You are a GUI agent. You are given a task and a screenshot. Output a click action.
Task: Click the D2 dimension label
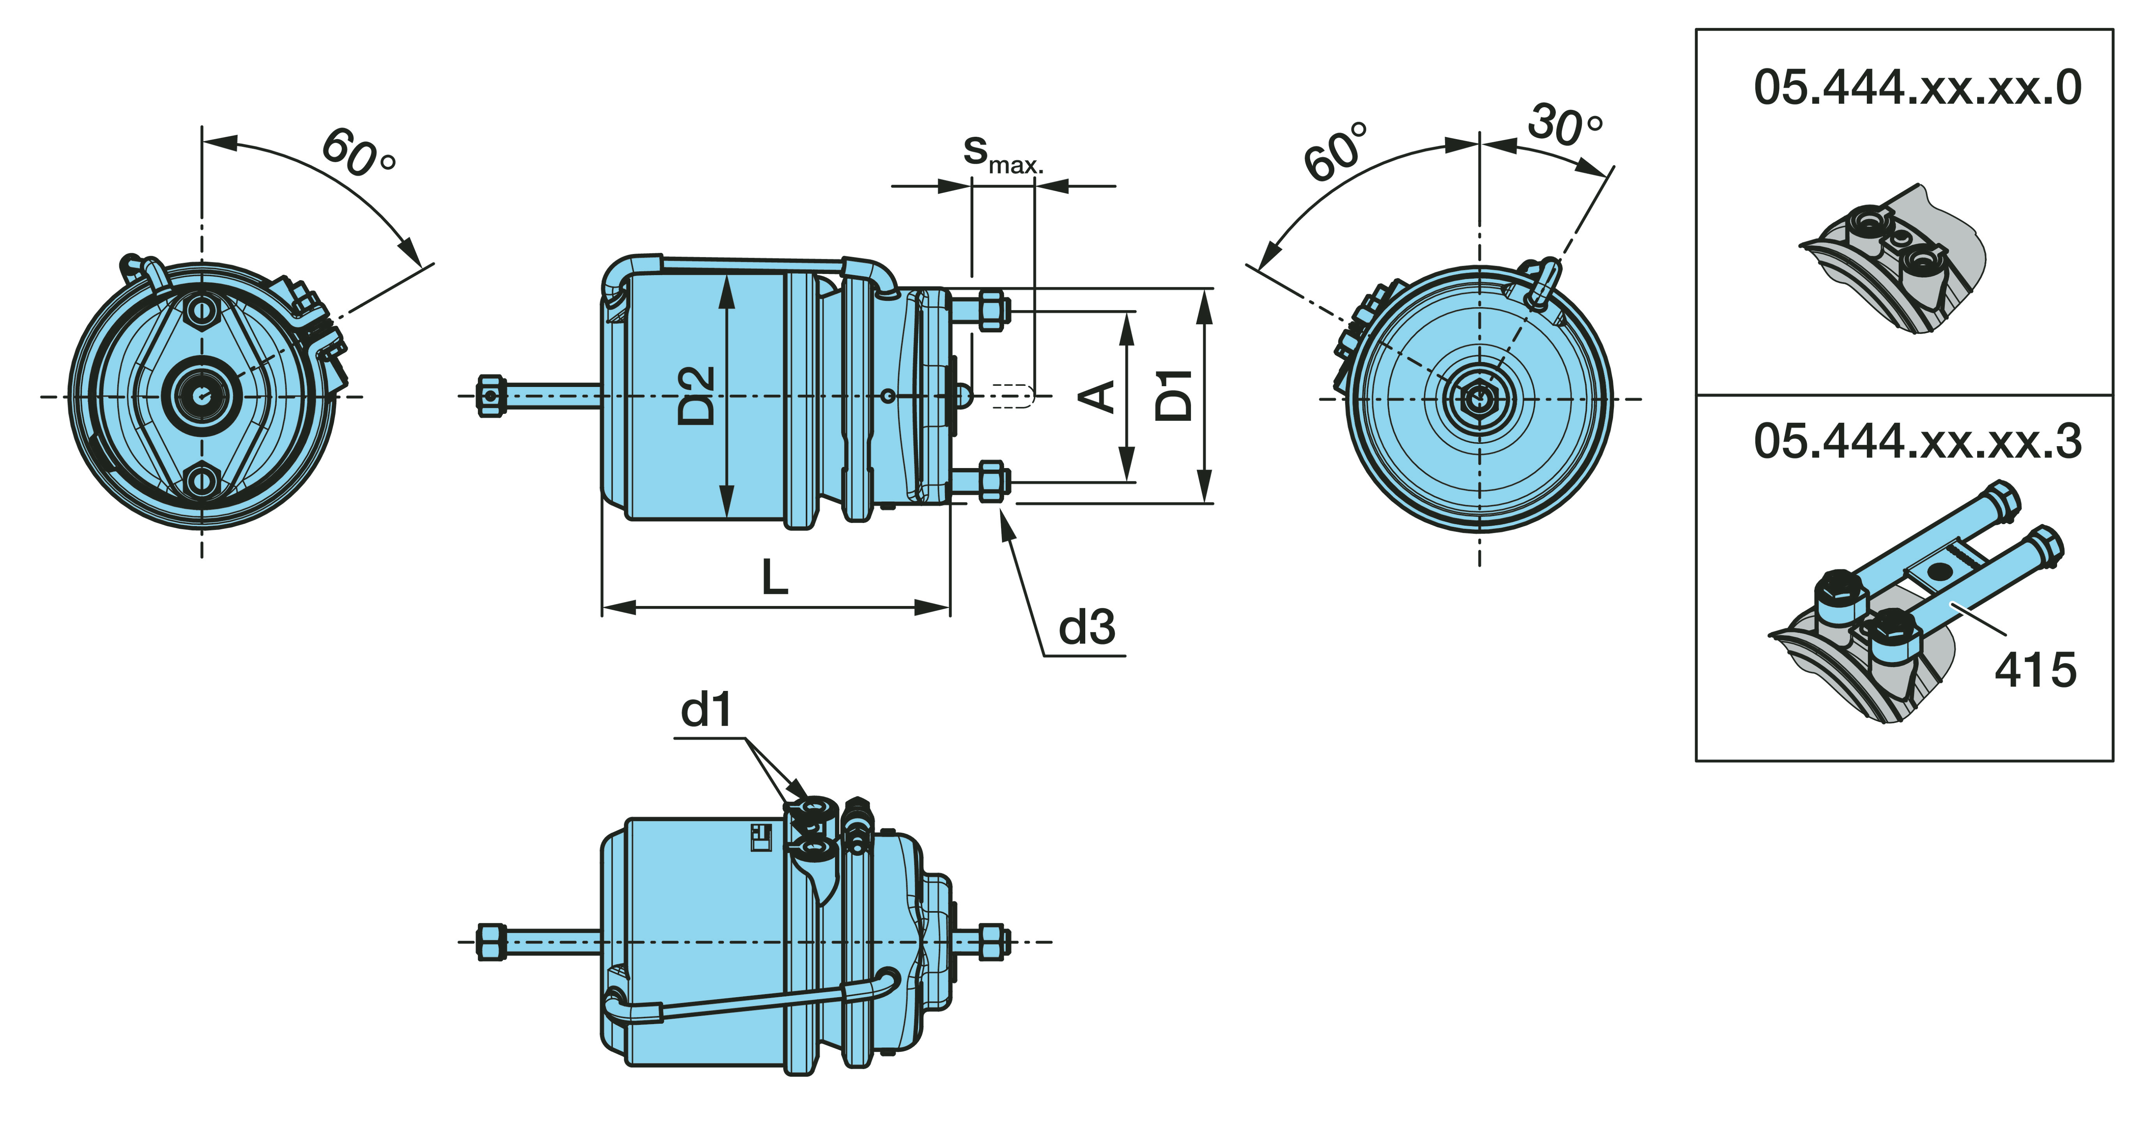pos(696,396)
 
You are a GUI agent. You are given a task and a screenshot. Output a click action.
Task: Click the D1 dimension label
pos(1175,396)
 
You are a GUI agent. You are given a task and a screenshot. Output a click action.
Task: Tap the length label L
pos(775,577)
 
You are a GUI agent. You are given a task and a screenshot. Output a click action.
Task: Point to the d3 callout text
pos(1086,627)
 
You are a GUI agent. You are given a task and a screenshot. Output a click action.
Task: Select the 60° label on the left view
pos(358,153)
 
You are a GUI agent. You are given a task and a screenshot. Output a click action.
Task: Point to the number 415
pos(2035,670)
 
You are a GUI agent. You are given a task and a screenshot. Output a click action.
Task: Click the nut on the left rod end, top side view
pos(491,396)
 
